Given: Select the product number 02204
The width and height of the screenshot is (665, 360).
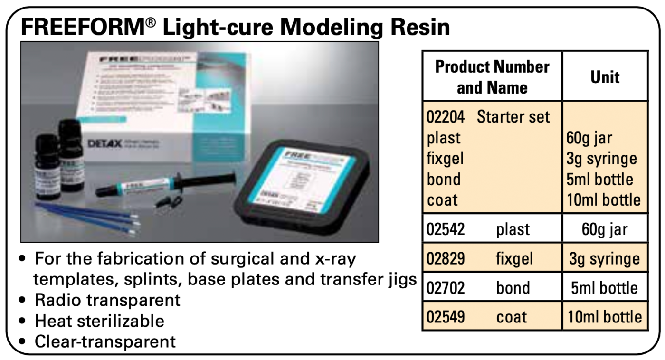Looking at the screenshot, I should point(446,117).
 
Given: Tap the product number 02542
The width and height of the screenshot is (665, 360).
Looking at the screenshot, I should point(446,229).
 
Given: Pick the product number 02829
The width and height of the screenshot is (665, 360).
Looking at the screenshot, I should point(446,259).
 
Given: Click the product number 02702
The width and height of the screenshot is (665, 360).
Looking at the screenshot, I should point(446,288).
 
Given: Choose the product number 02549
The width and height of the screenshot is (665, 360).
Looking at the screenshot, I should point(446,317).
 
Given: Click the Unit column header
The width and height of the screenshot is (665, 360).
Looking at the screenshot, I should point(605,77).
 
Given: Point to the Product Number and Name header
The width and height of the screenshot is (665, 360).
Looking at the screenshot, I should point(492,77).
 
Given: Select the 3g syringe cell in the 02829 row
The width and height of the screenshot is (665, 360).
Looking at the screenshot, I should point(605,259).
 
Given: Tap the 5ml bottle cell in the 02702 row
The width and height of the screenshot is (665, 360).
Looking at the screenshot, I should point(605,288).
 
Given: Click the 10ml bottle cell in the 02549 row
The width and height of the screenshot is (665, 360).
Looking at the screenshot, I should point(605,317).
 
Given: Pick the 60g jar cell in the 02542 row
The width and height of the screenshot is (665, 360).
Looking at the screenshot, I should point(605,229).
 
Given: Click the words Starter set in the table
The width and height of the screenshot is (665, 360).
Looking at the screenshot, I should point(513,117).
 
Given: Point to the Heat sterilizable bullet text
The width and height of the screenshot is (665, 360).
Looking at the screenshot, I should point(99,321).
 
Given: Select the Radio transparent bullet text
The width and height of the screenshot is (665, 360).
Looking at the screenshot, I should point(107,300).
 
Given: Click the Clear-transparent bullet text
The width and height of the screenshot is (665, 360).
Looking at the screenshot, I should point(105,341).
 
